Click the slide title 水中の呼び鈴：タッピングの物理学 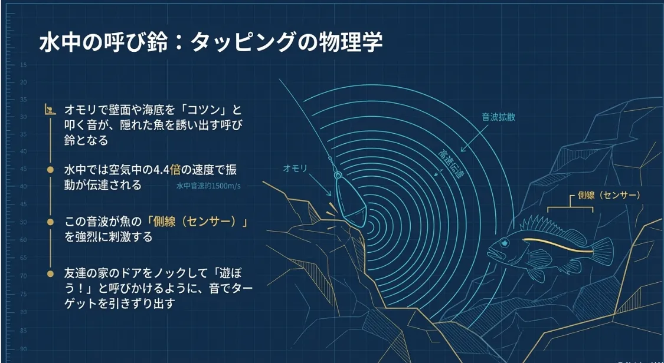211,43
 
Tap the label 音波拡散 499,117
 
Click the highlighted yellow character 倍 175,171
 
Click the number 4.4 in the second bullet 160,171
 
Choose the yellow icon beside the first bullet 51,110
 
